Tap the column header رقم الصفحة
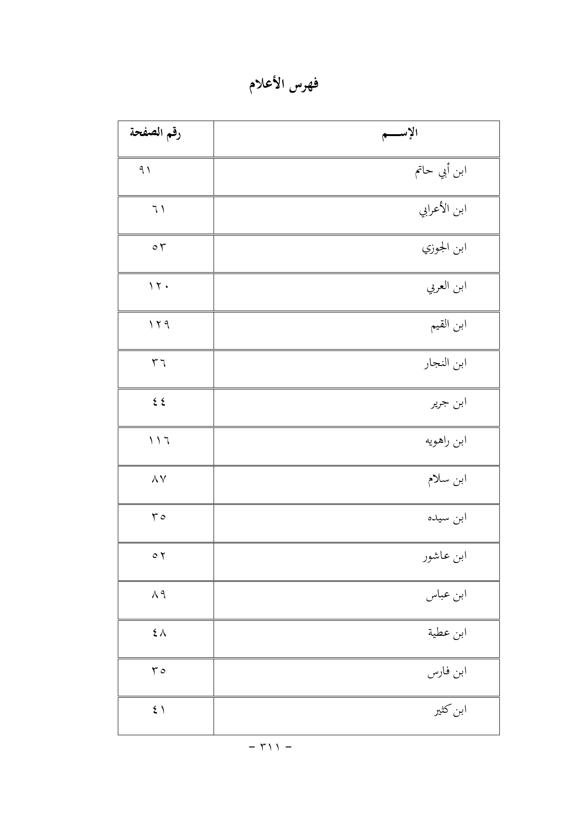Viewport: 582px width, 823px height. point(155,133)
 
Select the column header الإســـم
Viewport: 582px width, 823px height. point(400,134)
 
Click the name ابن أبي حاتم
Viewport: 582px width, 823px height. point(440,172)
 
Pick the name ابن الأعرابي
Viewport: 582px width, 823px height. point(443,210)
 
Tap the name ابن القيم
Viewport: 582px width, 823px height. point(449,326)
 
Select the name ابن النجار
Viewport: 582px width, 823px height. point(445,364)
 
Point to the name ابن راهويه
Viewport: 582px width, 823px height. point(445,441)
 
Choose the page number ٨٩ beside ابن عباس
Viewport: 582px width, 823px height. point(159,594)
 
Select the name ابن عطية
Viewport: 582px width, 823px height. point(447,634)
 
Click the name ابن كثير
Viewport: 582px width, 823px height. point(450,711)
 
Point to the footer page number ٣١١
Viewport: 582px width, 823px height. point(269,746)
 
